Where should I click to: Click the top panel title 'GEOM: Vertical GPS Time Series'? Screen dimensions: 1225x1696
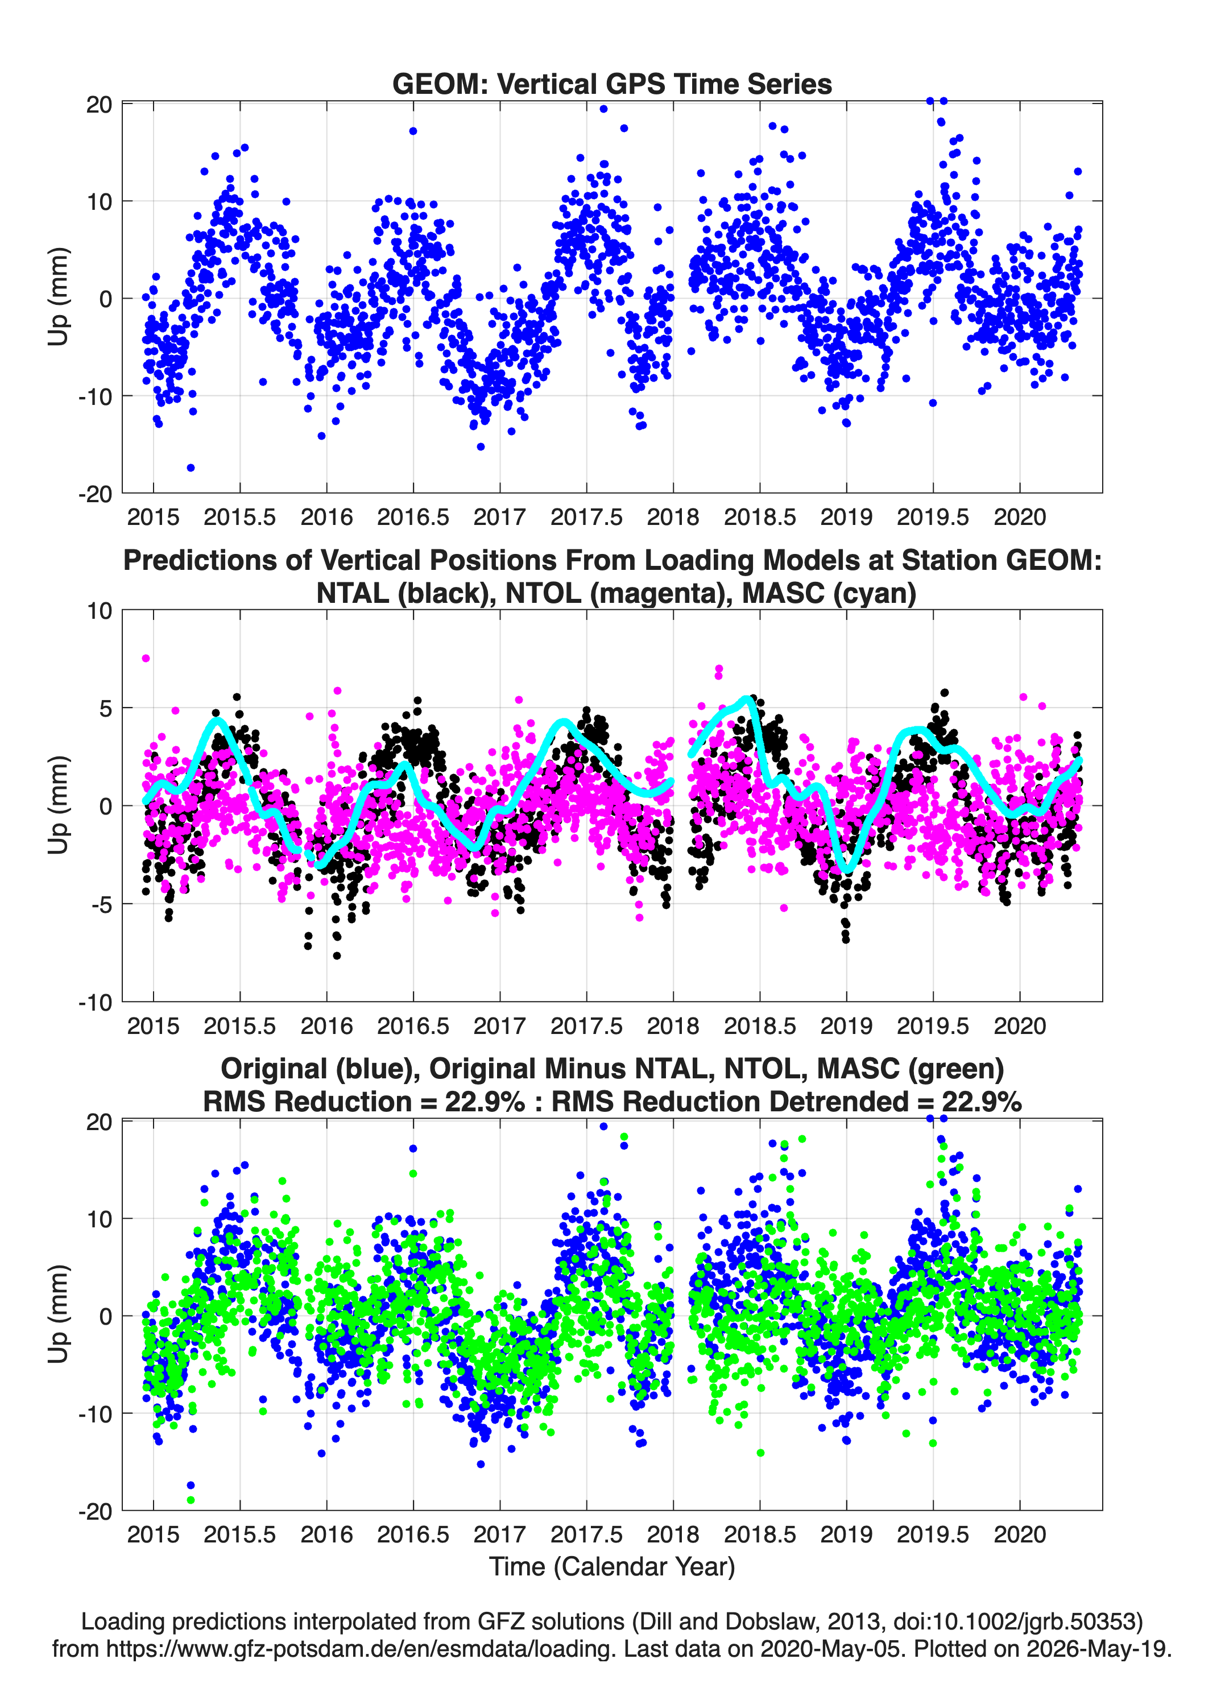click(612, 84)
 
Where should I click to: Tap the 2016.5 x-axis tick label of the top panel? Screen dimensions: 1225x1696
click(413, 517)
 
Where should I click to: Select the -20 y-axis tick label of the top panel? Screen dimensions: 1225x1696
click(95, 494)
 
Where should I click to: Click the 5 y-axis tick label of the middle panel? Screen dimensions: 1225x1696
click(105, 708)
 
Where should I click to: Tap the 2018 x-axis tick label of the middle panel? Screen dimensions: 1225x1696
click(673, 1025)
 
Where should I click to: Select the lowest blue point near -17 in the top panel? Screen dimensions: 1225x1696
click(191, 468)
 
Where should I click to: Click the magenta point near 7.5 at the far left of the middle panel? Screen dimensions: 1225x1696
click(146, 658)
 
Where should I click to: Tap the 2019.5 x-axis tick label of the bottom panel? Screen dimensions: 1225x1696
click(933, 1534)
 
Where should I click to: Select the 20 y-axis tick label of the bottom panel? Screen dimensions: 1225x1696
click(99, 1122)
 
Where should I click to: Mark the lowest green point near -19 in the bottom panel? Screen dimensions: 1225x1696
click(191, 1499)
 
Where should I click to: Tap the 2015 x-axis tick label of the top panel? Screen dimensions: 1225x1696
click(154, 517)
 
